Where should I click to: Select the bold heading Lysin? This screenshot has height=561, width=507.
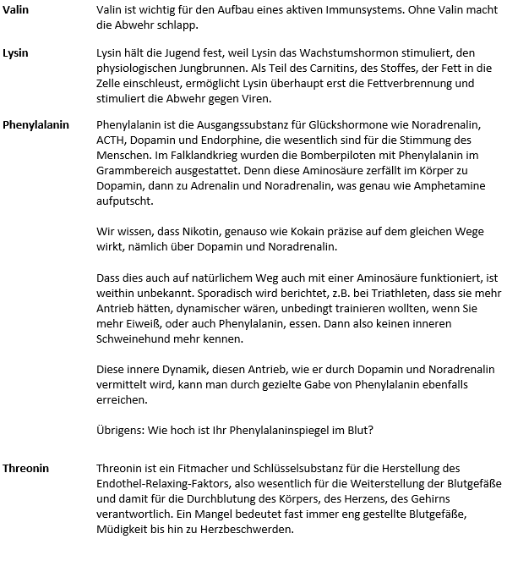coord(17,52)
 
